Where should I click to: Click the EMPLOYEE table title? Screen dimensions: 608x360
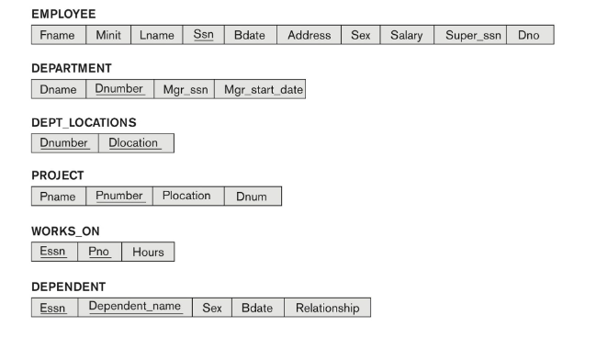(x=63, y=15)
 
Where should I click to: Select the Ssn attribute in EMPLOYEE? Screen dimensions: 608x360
(x=204, y=35)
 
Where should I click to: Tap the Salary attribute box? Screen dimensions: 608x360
(x=406, y=35)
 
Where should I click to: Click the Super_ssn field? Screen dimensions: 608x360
(x=469, y=35)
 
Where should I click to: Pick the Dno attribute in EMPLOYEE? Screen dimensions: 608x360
(x=529, y=35)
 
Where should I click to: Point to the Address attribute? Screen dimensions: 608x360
(x=309, y=35)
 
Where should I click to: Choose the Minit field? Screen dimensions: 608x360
(x=108, y=35)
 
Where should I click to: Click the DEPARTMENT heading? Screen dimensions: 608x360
(x=72, y=69)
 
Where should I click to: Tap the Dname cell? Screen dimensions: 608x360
(x=58, y=89)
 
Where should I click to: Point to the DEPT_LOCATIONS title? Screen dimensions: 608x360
(x=84, y=122)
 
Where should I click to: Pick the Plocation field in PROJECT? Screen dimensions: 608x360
(x=186, y=196)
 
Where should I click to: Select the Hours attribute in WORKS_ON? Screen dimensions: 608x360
(x=148, y=251)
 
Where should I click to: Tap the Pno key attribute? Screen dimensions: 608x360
(x=99, y=251)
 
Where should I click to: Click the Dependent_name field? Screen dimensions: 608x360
(x=135, y=307)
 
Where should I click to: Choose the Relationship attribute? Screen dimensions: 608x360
(x=327, y=308)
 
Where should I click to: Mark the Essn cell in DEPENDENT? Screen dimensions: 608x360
(x=53, y=308)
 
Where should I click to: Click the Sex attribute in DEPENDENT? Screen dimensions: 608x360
(x=211, y=308)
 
